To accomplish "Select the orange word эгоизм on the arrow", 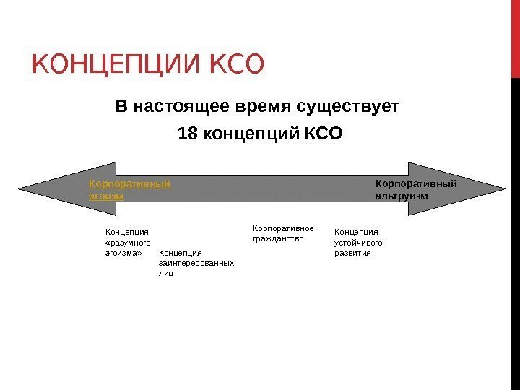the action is (x=105, y=196).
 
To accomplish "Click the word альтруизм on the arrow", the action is (x=402, y=196).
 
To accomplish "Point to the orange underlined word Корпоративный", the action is (x=130, y=183).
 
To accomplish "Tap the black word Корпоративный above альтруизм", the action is (x=416, y=183).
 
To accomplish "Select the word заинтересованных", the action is (x=196, y=264).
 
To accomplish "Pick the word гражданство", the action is (x=278, y=238).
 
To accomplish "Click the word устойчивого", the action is (x=358, y=243).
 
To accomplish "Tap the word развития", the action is (x=352, y=253).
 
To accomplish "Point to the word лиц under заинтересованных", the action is (x=165, y=274).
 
